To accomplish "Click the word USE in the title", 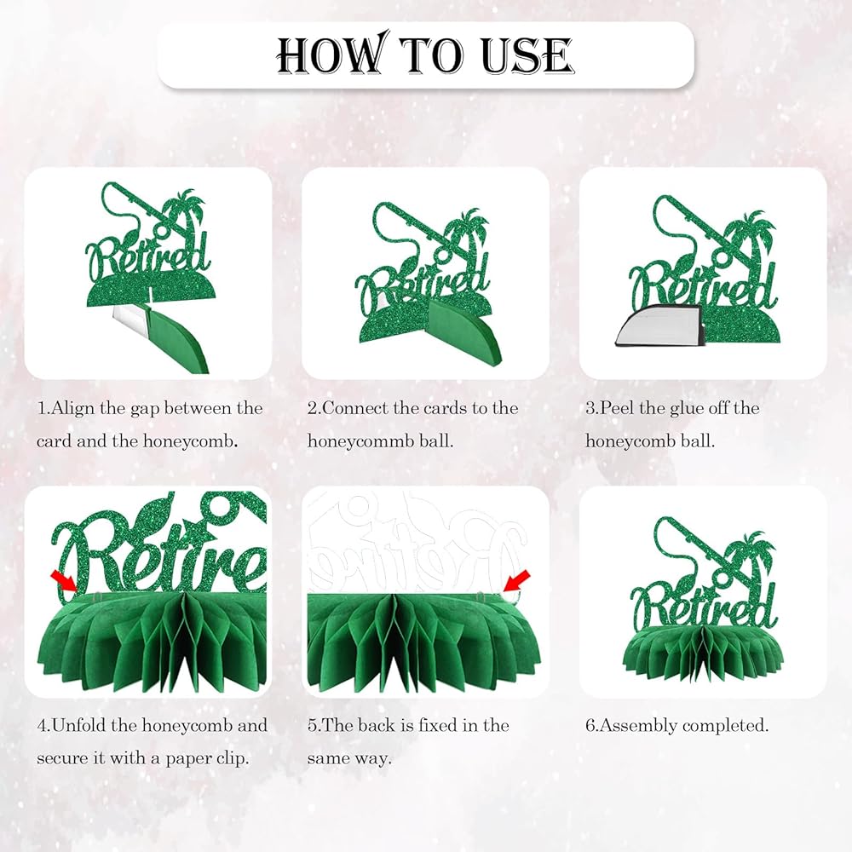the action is (x=527, y=55).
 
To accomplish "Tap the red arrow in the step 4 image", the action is (x=64, y=582).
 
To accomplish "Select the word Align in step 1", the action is (x=72, y=409).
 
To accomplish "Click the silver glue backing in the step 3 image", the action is (x=658, y=324).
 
